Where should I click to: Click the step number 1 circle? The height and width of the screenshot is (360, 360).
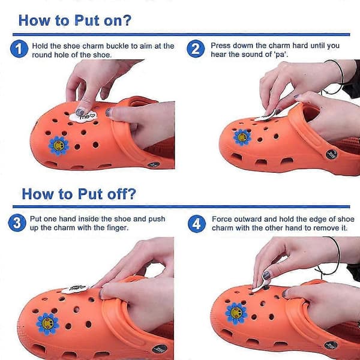pyautogui.click(x=19, y=49)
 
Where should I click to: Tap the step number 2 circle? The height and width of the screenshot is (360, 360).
pyautogui.click(x=196, y=49)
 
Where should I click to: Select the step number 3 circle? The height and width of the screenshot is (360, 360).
pyautogui.click(x=17, y=223)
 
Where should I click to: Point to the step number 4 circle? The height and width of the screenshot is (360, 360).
pyautogui.click(x=197, y=224)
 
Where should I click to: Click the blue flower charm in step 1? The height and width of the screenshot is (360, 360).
pyautogui.click(x=59, y=146)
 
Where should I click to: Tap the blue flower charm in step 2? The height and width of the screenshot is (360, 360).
pyautogui.click(x=242, y=137)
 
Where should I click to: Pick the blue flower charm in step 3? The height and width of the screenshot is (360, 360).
pyautogui.click(x=47, y=324)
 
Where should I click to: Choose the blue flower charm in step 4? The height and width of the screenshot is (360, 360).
pyautogui.click(x=236, y=314)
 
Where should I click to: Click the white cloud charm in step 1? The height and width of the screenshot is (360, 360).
pyautogui.click(x=83, y=116)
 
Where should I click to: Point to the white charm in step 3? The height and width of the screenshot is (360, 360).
pyautogui.click(x=75, y=289)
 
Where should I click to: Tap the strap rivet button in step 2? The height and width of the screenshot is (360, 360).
pyautogui.click(x=332, y=154)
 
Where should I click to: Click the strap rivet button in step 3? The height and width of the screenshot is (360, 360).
pyautogui.click(x=160, y=349)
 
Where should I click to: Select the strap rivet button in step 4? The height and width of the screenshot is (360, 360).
pyautogui.click(x=331, y=346)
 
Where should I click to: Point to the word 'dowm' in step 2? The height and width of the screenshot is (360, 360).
pyautogui.click(x=243, y=46)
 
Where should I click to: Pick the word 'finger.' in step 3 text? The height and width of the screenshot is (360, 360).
pyautogui.click(x=118, y=228)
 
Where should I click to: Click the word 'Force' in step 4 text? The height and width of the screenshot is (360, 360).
pyautogui.click(x=221, y=219)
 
